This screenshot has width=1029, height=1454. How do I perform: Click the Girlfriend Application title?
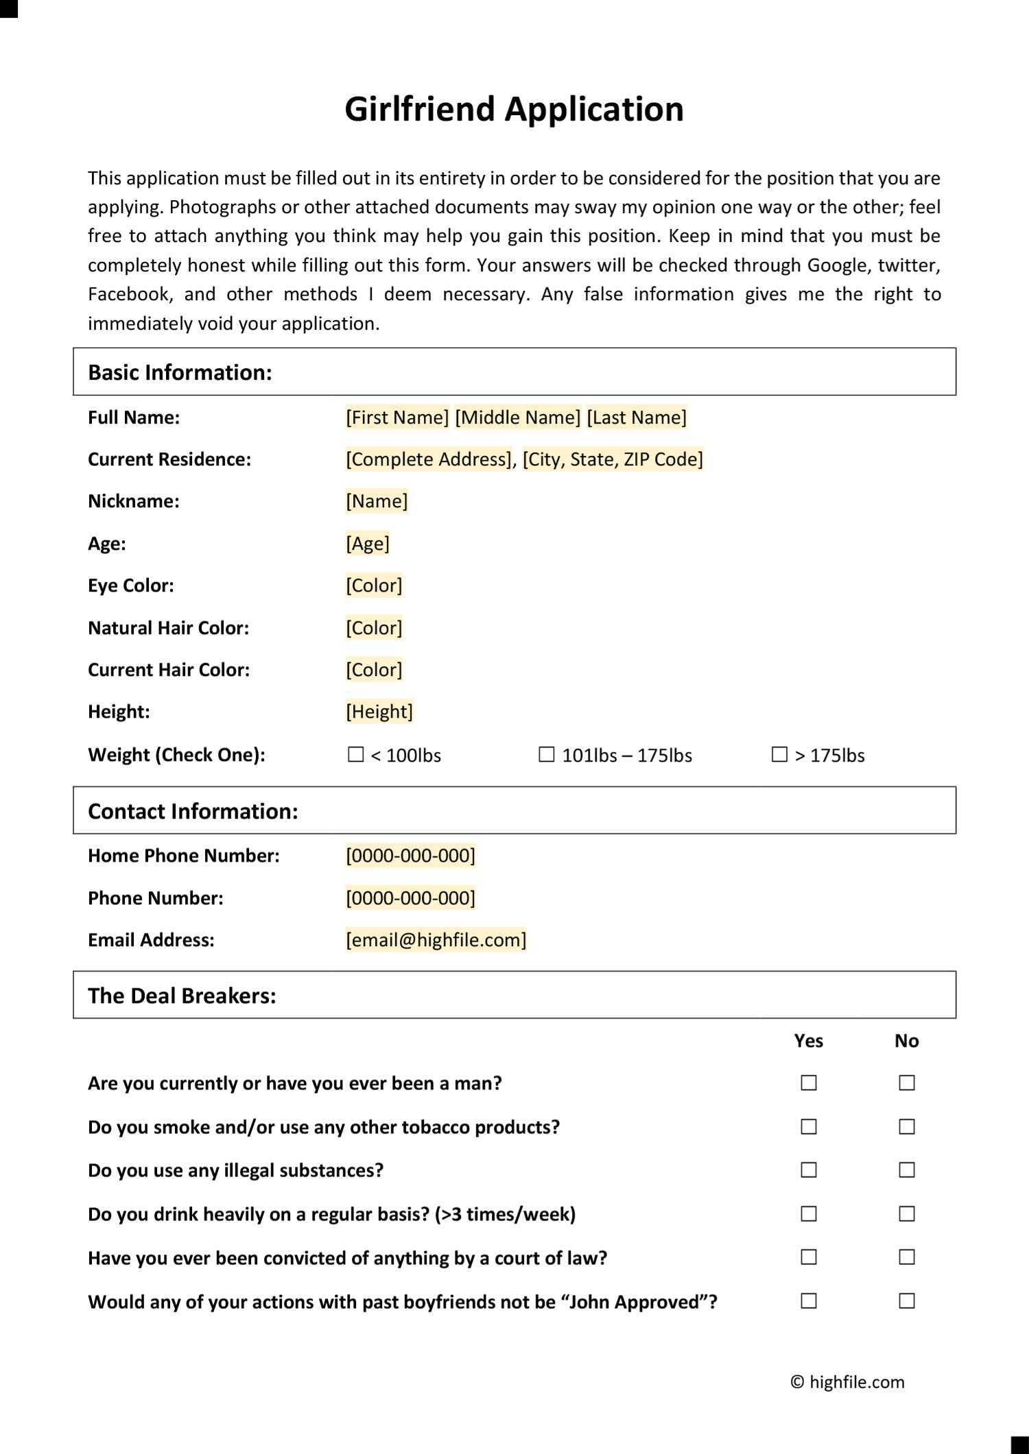514,109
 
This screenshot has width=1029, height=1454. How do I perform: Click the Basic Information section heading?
180,372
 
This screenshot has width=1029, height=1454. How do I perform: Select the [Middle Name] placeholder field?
518,417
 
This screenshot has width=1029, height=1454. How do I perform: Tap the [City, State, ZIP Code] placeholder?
613,459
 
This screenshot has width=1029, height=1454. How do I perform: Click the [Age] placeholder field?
368,544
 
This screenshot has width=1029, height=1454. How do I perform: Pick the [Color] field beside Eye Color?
374,585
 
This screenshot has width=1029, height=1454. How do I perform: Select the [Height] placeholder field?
379,712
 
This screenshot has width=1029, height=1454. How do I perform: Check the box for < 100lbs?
355,755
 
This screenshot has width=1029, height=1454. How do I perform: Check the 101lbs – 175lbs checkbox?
546,755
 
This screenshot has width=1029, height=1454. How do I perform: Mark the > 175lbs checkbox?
779,755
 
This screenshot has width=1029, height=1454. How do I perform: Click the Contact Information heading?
193,811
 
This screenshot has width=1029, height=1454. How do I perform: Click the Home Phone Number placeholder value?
410,856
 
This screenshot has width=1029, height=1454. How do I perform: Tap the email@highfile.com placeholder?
436,940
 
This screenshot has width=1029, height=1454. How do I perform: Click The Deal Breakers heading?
182,995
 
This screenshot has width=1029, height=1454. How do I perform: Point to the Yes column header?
808,1041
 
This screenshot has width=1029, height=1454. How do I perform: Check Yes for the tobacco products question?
809,1127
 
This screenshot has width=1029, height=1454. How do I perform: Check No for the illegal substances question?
907,1170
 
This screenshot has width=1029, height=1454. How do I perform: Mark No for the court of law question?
907,1257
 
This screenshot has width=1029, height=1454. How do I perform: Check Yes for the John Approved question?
809,1301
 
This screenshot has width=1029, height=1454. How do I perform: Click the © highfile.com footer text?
847,1382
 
